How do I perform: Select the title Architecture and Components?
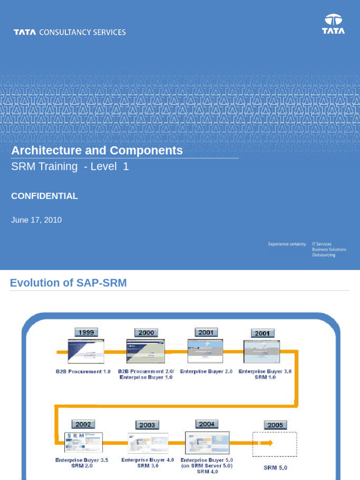[97, 150]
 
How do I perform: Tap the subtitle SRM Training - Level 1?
[70, 166]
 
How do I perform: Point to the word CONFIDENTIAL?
[45, 196]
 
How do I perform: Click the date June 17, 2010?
[37, 220]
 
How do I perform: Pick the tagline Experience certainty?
[287, 244]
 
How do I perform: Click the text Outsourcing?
[323, 255]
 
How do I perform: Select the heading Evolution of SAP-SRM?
[68, 283]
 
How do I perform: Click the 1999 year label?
[86, 332]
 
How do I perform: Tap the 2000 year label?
[146, 332]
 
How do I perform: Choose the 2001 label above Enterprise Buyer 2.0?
[206, 332]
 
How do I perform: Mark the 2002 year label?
[83, 424]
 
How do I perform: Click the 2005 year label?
[275, 425]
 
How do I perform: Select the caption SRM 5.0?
[275, 468]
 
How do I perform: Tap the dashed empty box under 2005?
[275, 444]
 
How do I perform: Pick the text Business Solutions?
[329, 249]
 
